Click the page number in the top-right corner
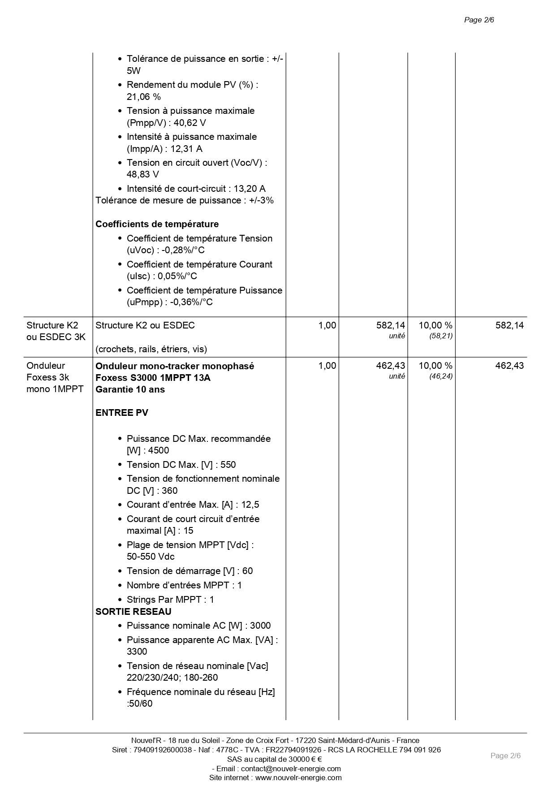pyautogui.click(x=478, y=20)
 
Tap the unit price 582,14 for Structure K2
pyautogui.click(x=390, y=325)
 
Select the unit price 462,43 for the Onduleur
pyautogui.click(x=390, y=366)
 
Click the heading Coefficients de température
pyautogui.click(x=157, y=224)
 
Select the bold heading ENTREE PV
pyautogui.click(x=121, y=413)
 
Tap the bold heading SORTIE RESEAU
pyautogui.click(x=133, y=612)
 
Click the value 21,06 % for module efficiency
pyautogui.click(x=143, y=97)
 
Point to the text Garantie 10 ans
pyautogui.click(x=130, y=389)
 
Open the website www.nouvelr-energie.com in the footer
pyautogui.click(x=298, y=777)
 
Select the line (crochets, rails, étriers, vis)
pyautogui.click(x=151, y=349)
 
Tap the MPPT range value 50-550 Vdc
pyautogui.click(x=151, y=557)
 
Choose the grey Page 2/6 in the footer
pyautogui.click(x=505, y=756)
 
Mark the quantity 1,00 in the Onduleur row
pyautogui.click(x=327, y=366)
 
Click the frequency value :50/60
pyautogui.click(x=139, y=704)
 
